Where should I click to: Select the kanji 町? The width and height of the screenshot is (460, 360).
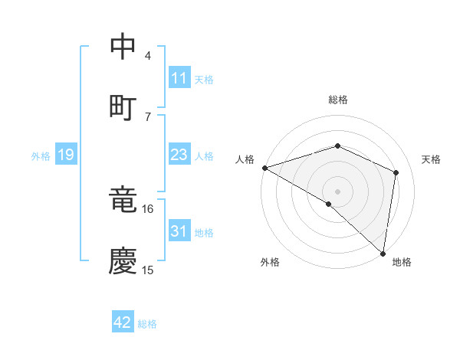click(123, 106)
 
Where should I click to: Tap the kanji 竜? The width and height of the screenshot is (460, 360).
click(123, 200)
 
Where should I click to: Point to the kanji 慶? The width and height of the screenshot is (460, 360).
click(123, 260)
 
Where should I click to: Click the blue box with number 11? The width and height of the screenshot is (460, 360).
click(179, 78)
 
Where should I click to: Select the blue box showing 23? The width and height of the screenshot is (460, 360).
click(179, 155)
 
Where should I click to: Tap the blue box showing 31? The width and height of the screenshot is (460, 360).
click(179, 231)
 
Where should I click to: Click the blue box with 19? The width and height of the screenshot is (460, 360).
click(65, 155)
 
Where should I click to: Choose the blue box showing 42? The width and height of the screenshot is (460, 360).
click(123, 322)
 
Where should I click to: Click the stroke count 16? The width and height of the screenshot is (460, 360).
click(148, 208)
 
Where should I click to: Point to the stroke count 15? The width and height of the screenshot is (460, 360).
click(148, 270)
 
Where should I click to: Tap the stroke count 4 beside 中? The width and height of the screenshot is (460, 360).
click(148, 55)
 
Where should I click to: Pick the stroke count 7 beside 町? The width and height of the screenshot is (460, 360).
click(148, 116)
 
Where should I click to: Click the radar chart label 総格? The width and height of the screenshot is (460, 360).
click(337, 100)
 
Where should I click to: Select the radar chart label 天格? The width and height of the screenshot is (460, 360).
click(432, 159)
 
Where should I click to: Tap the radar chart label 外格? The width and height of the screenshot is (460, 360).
click(270, 263)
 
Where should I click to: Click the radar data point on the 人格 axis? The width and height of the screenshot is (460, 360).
click(264, 168)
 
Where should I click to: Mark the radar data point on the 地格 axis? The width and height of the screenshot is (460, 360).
click(383, 252)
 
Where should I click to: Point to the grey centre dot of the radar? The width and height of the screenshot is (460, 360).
click(337, 191)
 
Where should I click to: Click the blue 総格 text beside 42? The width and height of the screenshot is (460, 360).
click(147, 324)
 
